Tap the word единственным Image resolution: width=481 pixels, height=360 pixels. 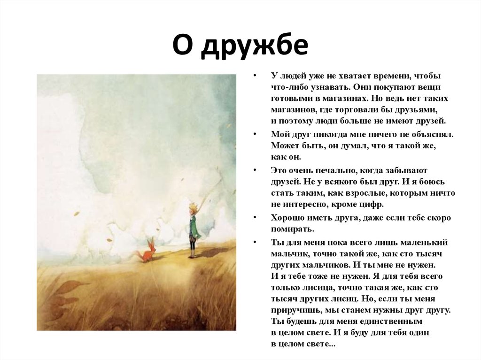point(394,322)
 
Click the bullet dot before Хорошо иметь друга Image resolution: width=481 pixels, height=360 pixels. point(255,218)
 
